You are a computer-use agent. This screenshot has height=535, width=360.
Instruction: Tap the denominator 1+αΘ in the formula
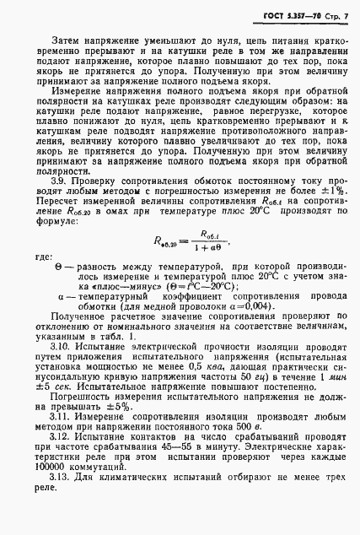click(x=202, y=247)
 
